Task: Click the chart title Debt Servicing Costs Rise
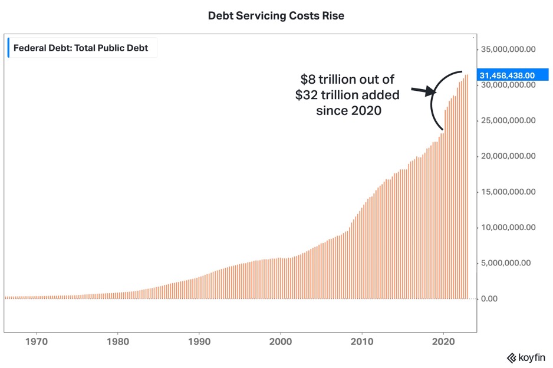pyautogui.click(x=276, y=16)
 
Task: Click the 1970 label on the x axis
pyautogui.click(x=37, y=341)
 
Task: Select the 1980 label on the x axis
pyautogui.click(x=118, y=341)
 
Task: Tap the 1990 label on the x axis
pyautogui.click(x=199, y=341)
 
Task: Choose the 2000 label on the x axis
pyautogui.click(x=281, y=341)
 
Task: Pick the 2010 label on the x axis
pyautogui.click(x=362, y=341)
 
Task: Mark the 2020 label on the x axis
pyautogui.click(x=443, y=341)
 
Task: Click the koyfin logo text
pyautogui.click(x=528, y=357)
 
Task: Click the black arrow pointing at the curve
pyautogui.click(x=423, y=91)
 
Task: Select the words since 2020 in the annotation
pyautogui.click(x=349, y=110)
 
